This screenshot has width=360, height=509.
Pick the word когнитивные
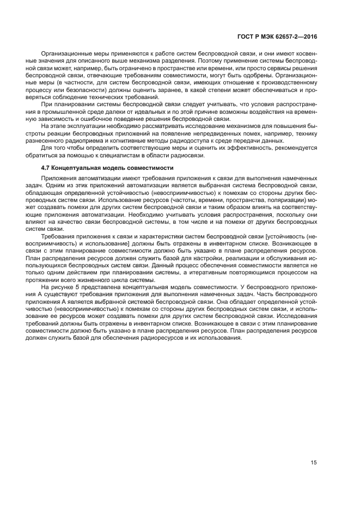point(123,140)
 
